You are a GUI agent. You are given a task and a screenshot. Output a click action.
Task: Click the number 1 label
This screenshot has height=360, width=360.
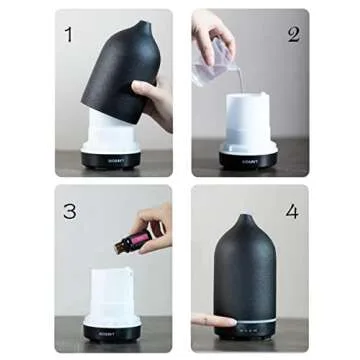coord(68,35)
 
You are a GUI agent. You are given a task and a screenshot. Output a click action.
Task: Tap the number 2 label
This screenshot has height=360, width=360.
coord(294,34)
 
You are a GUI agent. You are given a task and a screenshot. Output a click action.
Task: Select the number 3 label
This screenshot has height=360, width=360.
coord(69,211)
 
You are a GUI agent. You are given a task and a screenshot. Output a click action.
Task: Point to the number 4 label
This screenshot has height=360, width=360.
coord(291,212)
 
